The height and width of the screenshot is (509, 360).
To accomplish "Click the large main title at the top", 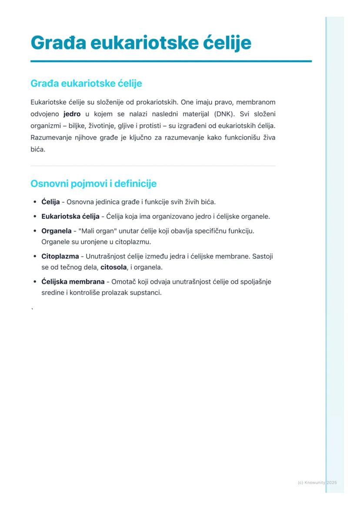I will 141,43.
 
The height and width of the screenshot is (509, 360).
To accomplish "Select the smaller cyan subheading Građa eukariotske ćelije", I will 86,83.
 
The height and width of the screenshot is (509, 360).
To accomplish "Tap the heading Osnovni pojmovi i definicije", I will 93,183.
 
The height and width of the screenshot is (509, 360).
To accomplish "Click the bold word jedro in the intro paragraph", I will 72,114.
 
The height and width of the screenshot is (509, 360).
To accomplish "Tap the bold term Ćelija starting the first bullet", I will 50,202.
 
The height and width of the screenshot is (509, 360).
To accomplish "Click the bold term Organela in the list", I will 56,230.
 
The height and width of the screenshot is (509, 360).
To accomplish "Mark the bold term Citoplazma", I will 60,256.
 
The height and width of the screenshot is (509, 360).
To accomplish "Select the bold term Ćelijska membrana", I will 73,281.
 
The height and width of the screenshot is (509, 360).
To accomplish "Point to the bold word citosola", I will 113,267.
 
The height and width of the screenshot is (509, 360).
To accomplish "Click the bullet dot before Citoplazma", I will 35,256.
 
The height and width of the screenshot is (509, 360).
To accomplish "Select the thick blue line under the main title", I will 171,61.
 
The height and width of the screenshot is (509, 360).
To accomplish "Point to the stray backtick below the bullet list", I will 32,309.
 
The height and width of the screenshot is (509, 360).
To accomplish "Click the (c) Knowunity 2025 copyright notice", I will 317,482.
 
